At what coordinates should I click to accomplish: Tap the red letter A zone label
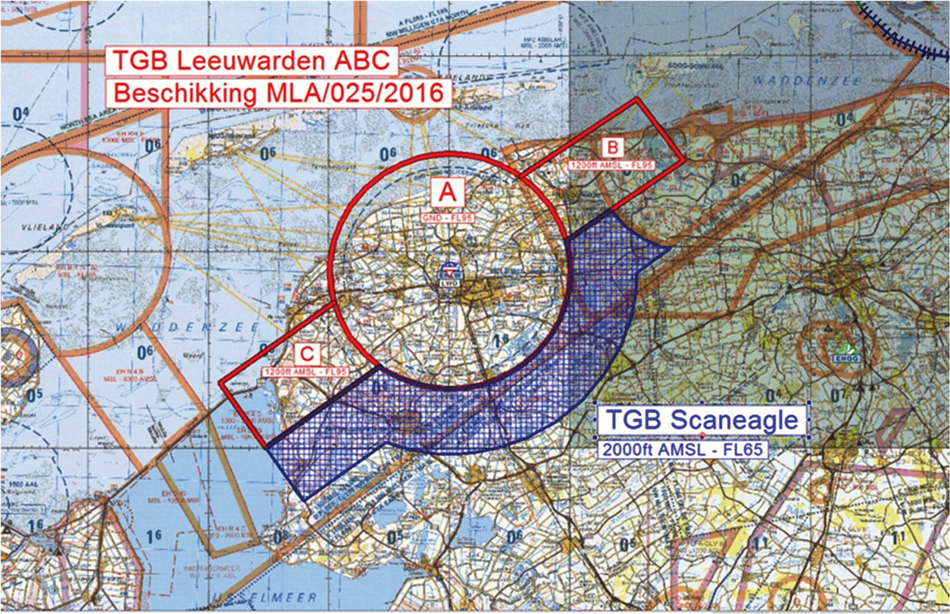click(x=447, y=193)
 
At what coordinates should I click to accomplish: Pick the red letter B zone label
click(x=613, y=148)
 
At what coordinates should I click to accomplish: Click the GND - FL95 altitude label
click(x=447, y=219)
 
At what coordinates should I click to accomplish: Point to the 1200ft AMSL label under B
click(x=612, y=165)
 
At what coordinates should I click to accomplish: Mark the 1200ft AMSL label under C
click(x=306, y=372)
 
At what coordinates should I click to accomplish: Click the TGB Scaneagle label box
click(x=702, y=420)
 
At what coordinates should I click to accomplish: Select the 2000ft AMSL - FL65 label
click(x=683, y=449)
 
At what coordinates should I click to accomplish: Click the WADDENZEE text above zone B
click(x=807, y=81)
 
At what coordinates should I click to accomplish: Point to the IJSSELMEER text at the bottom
click(x=264, y=599)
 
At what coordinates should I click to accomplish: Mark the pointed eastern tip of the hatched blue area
click(x=669, y=248)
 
